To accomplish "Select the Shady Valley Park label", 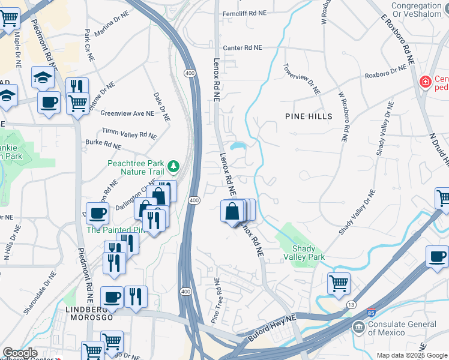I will pos(309,253).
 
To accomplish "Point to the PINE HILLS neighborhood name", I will pos(309,116).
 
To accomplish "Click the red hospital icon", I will pos(426,81).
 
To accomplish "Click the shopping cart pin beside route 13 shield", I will pos(339,282).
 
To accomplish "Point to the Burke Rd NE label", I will pos(103,144).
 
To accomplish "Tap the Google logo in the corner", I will pos(20,353).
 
